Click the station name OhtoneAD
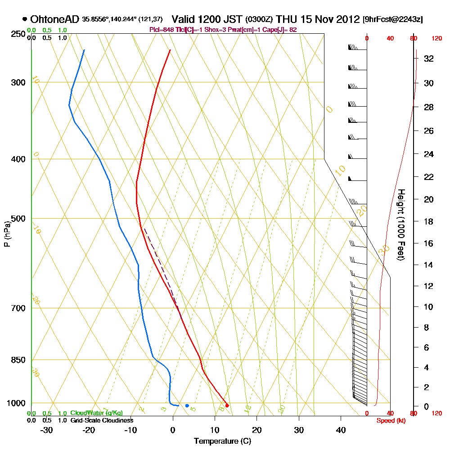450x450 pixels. (55, 19)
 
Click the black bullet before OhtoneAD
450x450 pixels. (24, 19)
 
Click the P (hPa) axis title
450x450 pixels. (7, 234)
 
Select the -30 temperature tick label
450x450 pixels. (47, 430)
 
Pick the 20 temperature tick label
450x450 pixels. (256, 430)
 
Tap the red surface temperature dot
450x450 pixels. (227, 405)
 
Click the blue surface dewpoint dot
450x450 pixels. (187, 405)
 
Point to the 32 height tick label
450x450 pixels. (429, 58)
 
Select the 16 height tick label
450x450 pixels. (429, 243)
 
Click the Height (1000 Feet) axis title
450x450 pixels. (400, 225)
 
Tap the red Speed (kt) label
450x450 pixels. (391, 420)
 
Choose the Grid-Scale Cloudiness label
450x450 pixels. (101, 420)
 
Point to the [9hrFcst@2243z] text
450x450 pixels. (392, 20)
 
